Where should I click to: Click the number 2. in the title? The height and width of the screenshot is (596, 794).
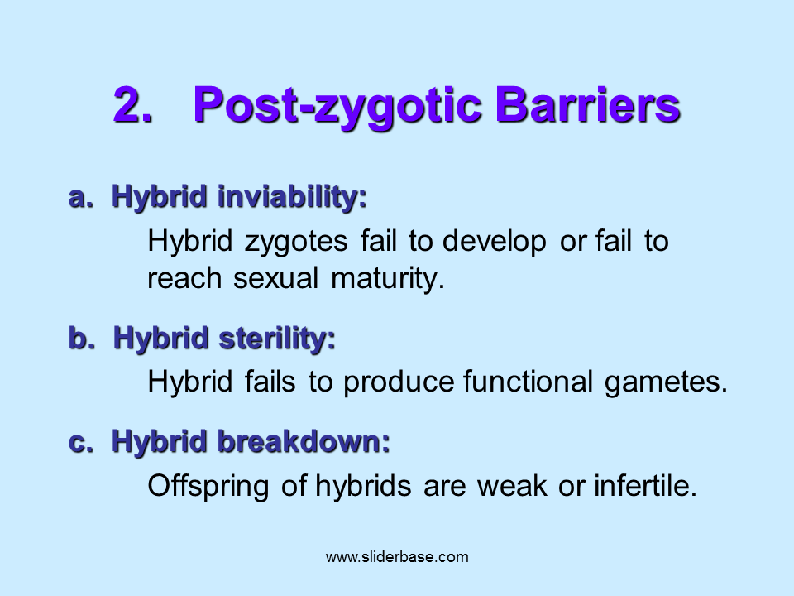[133, 105]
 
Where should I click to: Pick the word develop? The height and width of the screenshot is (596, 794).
[494, 241]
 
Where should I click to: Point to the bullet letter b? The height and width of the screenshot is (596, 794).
[79, 338]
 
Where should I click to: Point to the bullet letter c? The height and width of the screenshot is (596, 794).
[79, 442]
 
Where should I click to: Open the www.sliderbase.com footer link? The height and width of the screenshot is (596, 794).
[397, 557]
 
